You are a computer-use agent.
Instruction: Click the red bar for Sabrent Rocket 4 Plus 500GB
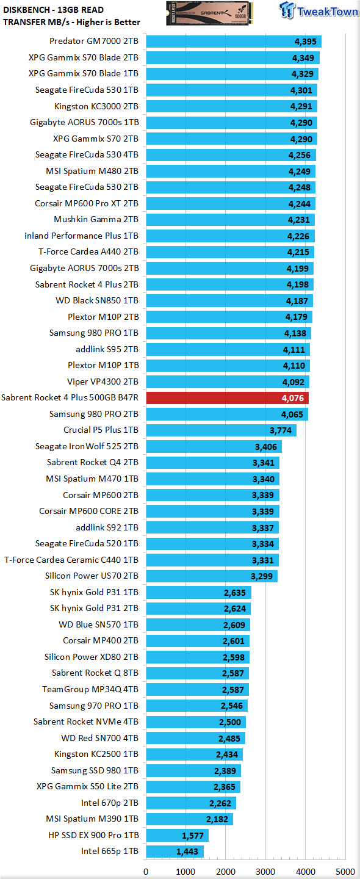point(228,398)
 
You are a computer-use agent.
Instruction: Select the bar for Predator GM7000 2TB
point(234,42)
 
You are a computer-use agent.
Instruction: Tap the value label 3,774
point(281,430)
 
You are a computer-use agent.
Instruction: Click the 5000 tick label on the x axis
point(345,872)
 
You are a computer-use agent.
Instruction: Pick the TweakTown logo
point(318,10)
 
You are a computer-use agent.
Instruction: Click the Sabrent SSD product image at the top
point(207,13)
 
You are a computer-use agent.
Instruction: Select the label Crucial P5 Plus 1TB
point(101,430)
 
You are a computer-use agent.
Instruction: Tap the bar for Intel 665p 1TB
point(175,852)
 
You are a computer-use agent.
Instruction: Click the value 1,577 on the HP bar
point(193,836)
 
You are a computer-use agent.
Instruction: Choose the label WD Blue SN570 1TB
point(98,624)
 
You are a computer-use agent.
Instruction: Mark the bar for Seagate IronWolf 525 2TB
point(214,447)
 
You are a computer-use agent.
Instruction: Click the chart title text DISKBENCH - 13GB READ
point(53,10)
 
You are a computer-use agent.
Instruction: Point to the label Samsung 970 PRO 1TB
point(94,706)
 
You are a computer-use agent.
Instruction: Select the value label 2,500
point(230,722)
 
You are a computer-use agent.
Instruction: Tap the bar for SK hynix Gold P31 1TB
point(198,593)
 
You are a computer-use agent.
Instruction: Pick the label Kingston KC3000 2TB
point(96,107)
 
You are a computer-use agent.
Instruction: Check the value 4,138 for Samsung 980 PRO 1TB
point(295,333)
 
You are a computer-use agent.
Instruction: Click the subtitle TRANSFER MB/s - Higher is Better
point(72,23)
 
